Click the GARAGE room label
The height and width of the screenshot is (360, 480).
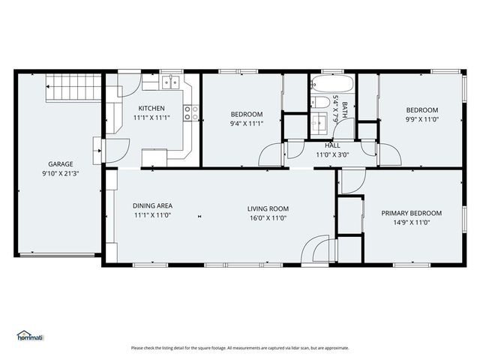pyautogui.click(x=61, y=163)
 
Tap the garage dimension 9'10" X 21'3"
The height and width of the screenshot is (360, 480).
pyautogui.click(x=61, y=173)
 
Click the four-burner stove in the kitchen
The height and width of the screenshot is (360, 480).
pyautogui.click(x=193, y=113)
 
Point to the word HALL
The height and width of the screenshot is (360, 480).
pyautogui.click(x=332, y=145)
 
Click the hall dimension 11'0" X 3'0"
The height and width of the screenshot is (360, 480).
pyautogui.click(x=332, y=154)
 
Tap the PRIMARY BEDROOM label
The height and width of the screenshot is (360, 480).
pyautogui.click(x=411, y=213)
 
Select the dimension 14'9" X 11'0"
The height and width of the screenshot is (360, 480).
pyautogui.click(x=411, y=223)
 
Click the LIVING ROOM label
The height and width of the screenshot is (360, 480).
pyautogui.click(x=268, y=208)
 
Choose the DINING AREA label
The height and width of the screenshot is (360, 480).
pyautogui.click(x=152, y=205)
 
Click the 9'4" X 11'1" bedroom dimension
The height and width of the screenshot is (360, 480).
pyautogui.click(x=246, y=124)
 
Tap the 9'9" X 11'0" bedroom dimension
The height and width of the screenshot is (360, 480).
pyautogui.click(x=422, y=118)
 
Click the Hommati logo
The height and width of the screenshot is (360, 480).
pyautogui.click(x=30, y=336)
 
